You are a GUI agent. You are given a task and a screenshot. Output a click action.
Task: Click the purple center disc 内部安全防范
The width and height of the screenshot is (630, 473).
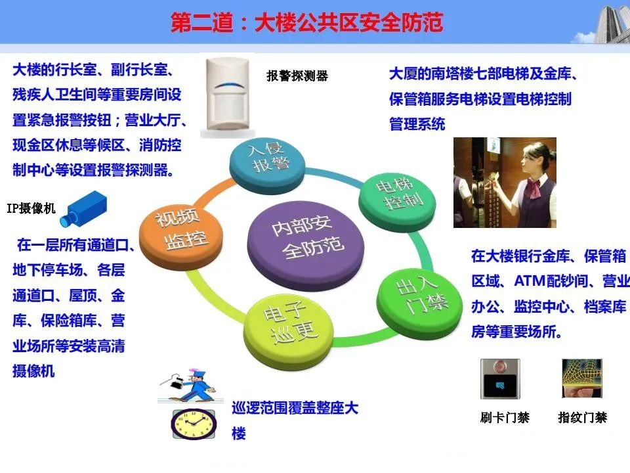(306, 245)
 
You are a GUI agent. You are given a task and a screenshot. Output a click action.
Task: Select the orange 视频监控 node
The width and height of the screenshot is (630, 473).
(181, 235)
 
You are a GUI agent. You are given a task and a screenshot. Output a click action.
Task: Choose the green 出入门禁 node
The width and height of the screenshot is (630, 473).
(419, 302)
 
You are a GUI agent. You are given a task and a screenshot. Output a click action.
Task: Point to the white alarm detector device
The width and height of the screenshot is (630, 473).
(228, 97)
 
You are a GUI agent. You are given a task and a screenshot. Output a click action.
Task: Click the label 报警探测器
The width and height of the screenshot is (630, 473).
(297, 76)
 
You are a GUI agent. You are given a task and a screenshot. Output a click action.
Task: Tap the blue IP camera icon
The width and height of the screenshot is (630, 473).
(83, 209)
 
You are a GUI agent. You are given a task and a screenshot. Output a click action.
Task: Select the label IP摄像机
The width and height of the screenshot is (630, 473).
(31, 208)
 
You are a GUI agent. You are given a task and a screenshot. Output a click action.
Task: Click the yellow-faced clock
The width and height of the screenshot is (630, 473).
(194, 424)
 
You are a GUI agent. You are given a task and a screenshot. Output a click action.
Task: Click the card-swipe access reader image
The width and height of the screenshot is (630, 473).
(500, 379)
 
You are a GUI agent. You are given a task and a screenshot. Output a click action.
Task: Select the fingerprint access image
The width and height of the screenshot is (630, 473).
(582, 378)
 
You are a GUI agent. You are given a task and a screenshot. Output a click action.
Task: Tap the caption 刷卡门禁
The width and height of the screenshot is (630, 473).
(505, 418)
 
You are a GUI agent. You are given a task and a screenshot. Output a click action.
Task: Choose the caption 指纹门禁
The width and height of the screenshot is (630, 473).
(583, 418)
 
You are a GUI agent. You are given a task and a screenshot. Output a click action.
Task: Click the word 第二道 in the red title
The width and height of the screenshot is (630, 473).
(201, 22)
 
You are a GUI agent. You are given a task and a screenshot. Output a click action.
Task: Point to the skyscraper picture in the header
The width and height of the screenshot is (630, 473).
(612, 24)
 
